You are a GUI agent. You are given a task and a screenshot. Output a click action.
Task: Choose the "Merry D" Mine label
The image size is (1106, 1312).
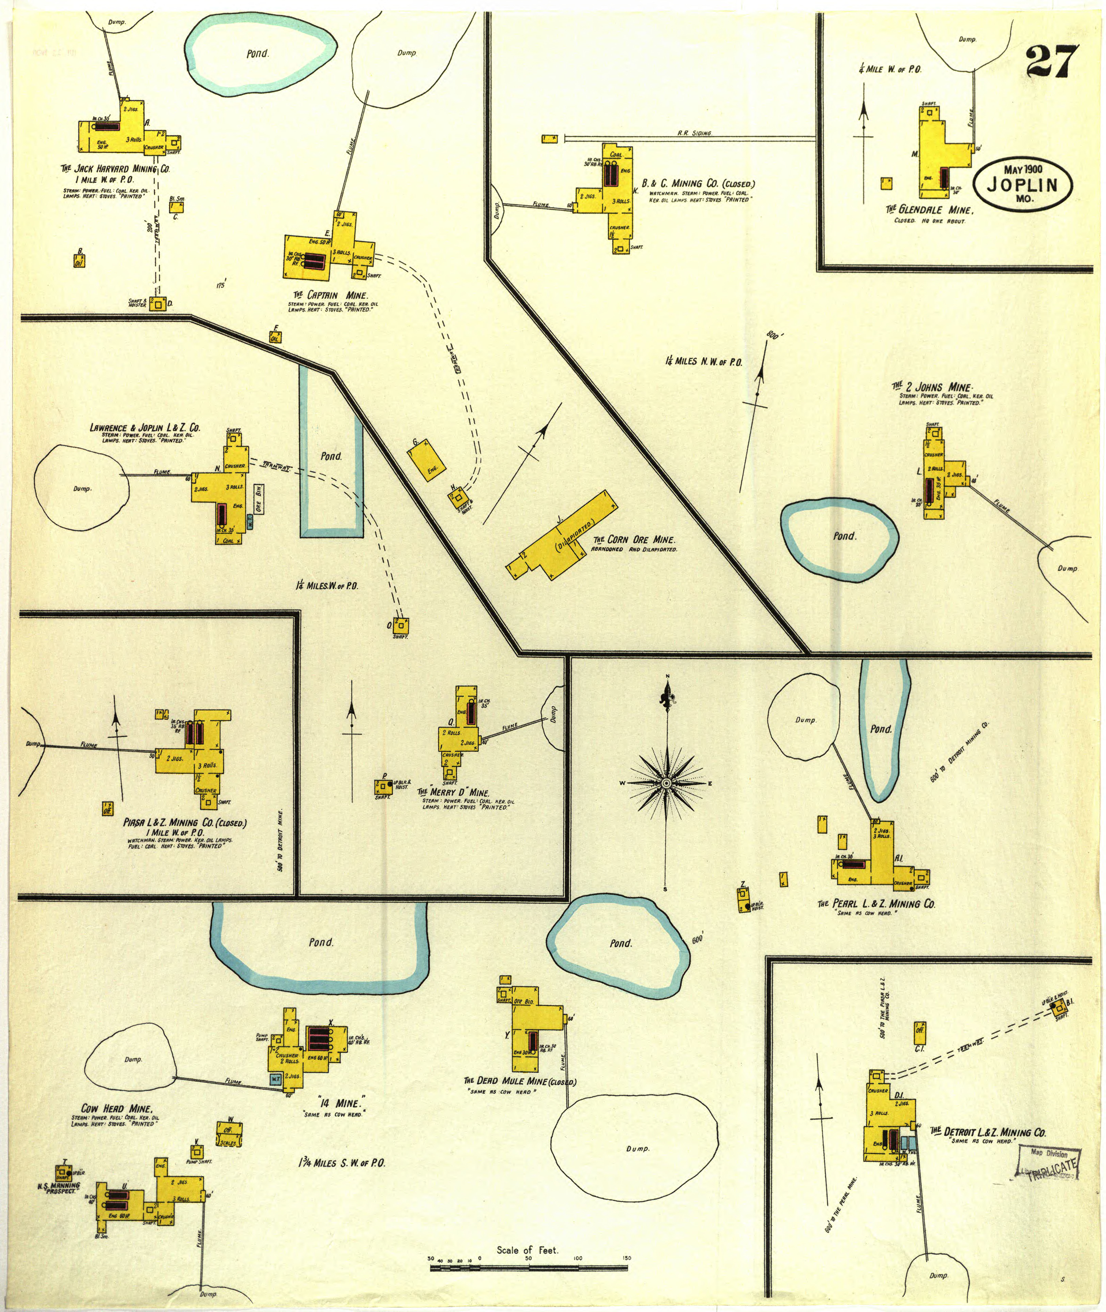[453, 792]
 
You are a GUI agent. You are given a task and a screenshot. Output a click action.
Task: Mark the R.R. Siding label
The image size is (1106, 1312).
[694, 133]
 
